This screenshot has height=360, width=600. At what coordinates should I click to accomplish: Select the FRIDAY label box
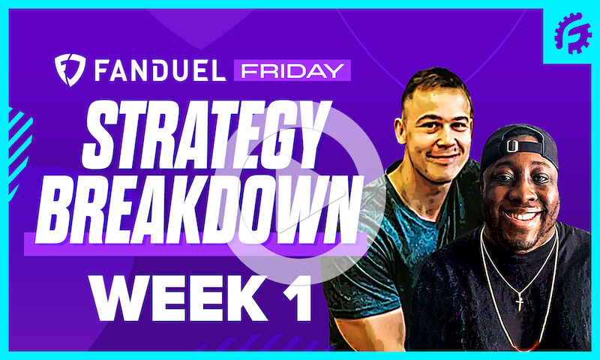pos(289,70)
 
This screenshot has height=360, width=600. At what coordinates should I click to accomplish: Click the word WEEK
pos(161,297)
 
